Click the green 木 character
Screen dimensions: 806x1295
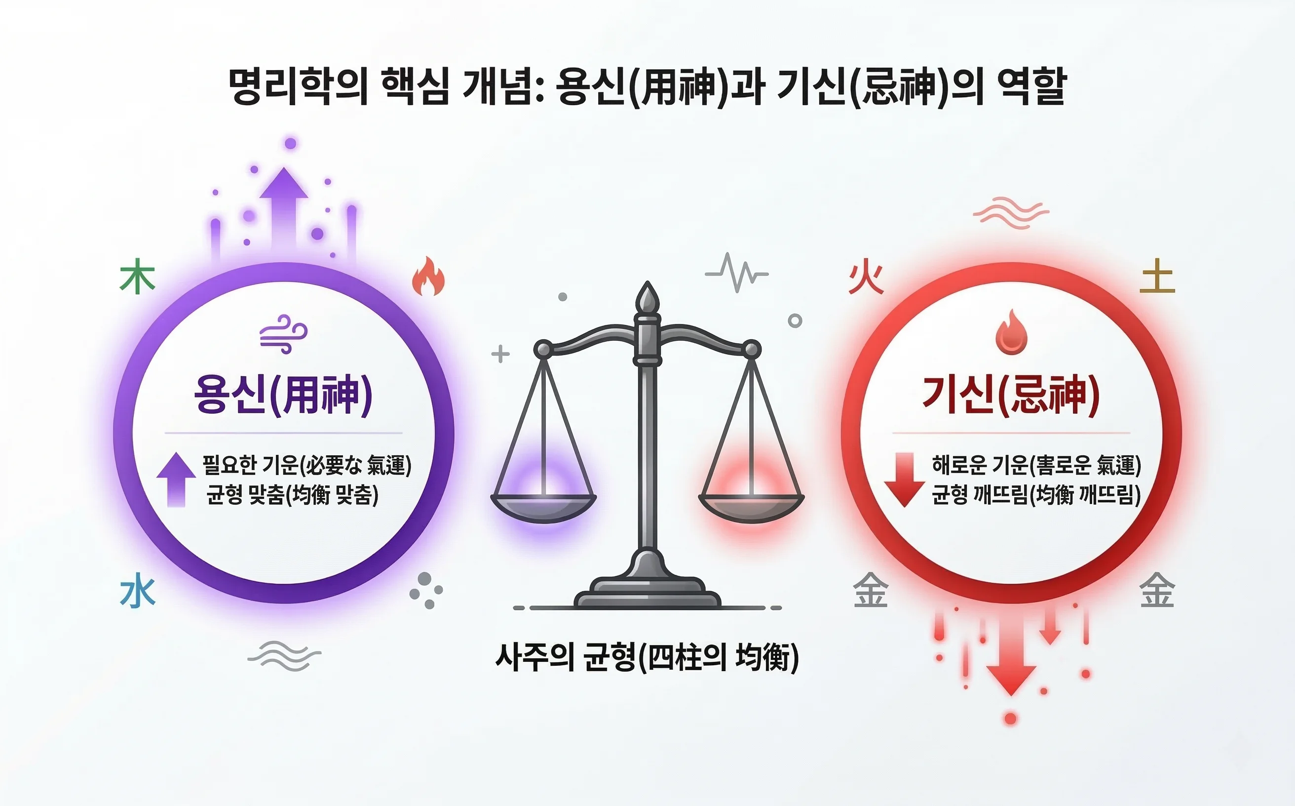point(137,276)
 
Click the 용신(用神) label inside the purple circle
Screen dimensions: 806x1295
point(283,395)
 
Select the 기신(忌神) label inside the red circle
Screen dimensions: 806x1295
point(1011,395)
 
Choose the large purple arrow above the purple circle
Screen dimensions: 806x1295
point(283,208)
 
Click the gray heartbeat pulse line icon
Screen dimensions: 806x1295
point(737,273)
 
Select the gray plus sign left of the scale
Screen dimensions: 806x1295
point(500,354)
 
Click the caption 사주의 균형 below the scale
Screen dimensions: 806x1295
point(647,657)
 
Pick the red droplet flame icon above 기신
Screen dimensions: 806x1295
point(1011,333)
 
